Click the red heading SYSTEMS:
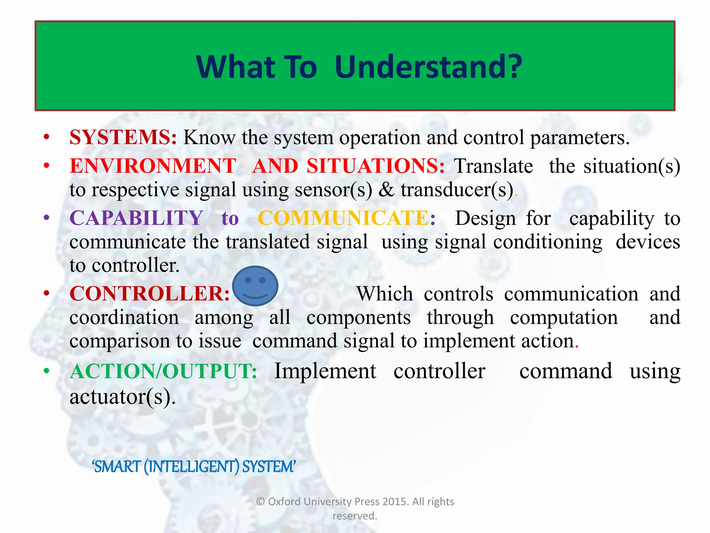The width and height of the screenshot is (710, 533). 123,137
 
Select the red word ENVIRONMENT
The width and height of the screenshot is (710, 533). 153,166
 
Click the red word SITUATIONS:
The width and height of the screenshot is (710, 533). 375,166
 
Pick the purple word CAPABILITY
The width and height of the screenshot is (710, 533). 136,218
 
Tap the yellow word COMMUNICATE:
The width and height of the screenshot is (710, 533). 347,218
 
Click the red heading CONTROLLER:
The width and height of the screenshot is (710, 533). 149,294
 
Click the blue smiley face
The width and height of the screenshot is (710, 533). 255,286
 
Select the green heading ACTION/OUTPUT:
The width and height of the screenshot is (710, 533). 163,371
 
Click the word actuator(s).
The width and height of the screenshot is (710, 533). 122,397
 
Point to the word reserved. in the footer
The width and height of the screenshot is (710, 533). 355,516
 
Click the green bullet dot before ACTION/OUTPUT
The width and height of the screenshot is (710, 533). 46,371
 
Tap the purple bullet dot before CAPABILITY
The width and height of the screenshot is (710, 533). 46,218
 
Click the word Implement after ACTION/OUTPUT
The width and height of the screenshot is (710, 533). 325,371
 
